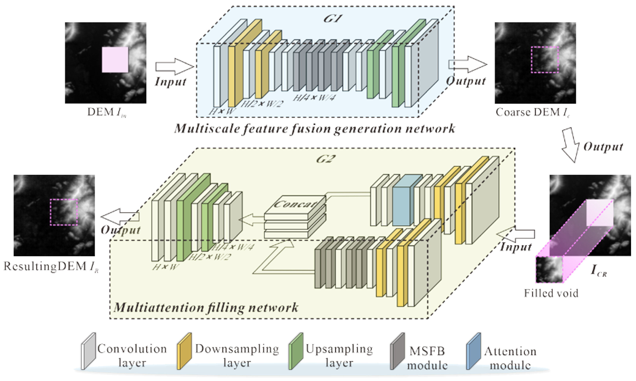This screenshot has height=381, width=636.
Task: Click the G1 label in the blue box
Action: [x=333, y=19]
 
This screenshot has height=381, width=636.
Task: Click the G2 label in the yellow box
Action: [x=326, y=159]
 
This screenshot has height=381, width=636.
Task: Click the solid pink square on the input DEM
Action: [x=115, y=60]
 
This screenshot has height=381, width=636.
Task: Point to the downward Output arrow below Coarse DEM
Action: [x=570, y=145]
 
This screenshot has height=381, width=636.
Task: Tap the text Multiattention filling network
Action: [x=206, y=307]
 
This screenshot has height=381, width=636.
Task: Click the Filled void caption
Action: [x=551, y=293]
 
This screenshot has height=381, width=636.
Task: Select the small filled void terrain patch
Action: [x=549, y=270]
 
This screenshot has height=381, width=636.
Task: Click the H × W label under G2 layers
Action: [x=165, y=267]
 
